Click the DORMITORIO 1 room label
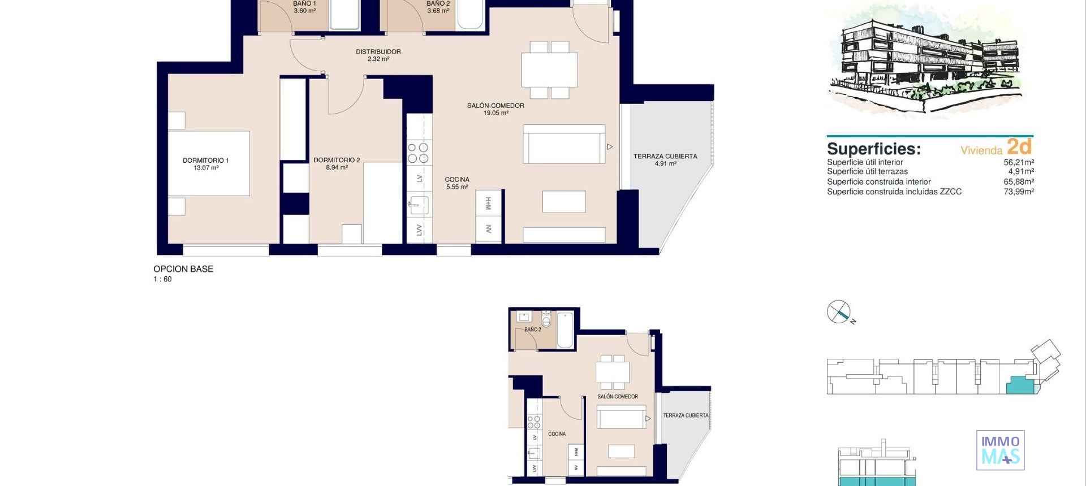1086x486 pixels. coord(205,164)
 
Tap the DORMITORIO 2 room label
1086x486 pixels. coord(337,163)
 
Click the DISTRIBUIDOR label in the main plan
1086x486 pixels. coord(378,55)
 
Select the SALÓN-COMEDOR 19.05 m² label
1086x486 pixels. coord(495,109)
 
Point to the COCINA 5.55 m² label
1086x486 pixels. coord(457,183)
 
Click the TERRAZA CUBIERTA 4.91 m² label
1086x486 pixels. coord(665,160)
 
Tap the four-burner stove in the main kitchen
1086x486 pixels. coord(419,153)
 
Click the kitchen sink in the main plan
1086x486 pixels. coord(418,205)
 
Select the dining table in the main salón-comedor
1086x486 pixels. coord(549,70)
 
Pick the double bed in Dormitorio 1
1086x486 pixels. coord(208,163)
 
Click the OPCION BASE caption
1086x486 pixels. coord(183,269)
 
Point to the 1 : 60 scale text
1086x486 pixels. coord(162,279)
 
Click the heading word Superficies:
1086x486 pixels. coord(873,149)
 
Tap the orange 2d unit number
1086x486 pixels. coord(1019,147)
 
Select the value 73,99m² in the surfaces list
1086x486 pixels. coord(1019,192)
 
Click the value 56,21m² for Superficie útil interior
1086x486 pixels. coord(1019,162)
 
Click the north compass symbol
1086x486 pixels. coord(839,312)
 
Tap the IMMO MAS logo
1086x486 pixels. coord(1000,450)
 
